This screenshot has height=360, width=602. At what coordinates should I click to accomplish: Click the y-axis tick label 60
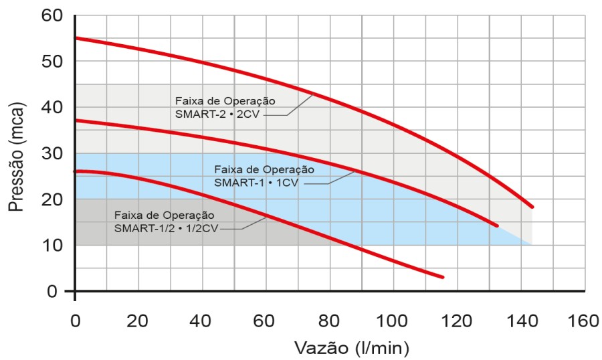pos(52,15)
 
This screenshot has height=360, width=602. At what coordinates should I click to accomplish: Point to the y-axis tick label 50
pos(52,62)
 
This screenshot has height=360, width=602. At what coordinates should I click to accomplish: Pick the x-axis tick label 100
pos(393,321)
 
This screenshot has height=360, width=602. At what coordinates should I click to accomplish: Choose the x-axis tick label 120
pos(457,321)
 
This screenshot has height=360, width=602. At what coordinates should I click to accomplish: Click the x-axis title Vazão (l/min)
pos(351,348)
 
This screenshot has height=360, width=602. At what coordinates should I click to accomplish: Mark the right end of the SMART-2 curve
pos(532,206)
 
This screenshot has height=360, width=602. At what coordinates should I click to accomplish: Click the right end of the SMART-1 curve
pos(497,226)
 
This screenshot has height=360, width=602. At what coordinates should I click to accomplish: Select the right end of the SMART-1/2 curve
pos(442,276)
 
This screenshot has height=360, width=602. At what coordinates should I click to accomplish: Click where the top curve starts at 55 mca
pos(76,38)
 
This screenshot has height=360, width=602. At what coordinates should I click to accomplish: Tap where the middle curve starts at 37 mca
pos(76,120)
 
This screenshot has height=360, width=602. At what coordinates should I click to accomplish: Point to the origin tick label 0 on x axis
pos(75,321)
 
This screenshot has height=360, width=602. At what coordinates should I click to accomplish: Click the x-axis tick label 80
pos(329,321)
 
